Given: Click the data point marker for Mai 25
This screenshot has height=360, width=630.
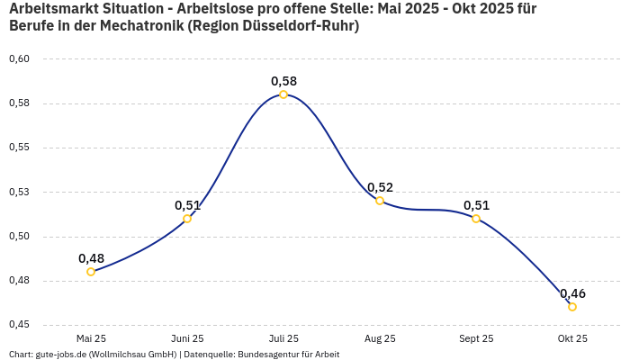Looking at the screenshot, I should [x=91, y=271].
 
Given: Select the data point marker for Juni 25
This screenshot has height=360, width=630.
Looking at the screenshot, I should [x=187, y=219].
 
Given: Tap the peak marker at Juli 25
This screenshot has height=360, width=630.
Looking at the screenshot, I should [x=283, y=94].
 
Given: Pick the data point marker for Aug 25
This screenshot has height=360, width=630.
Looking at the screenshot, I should [x=380, y=201].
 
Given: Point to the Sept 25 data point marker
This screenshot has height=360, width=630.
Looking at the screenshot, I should [x=476, y=219].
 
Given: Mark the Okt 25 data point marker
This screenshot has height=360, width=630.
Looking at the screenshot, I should [x=572, y=307].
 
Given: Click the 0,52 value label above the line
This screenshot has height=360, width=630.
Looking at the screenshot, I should [x=380, y=187].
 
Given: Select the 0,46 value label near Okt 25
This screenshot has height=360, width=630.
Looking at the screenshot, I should [x=572, y=293].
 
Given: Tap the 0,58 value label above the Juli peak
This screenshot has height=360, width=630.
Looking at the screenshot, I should [x=283, y=81].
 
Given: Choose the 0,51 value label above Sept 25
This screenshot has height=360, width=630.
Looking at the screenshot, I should [x=476, y=205].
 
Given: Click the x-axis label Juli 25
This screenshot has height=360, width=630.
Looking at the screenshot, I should [x=283, y=338].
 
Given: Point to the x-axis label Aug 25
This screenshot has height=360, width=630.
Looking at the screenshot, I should [x=380, y=338].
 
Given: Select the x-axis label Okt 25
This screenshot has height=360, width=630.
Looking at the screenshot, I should [x=572, y=338].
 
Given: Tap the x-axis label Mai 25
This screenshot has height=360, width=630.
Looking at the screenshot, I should [x=91, y=338].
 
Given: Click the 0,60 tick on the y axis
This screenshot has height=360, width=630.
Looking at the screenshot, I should [x=19, y=59].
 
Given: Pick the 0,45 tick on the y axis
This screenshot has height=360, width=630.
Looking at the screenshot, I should [x=19, y=325].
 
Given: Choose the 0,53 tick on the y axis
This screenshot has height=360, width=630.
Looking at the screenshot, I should [x=19, y=192].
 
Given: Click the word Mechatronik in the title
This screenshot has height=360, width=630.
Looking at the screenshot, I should [x=144, y=25].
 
